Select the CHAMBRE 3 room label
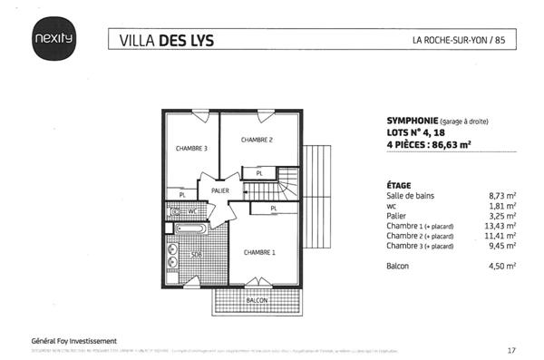(x=191, y=149)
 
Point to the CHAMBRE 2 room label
(x=257, y=140)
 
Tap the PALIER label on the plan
(x=220, y=191)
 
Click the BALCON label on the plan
(x=258, y=299)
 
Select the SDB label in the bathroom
(x=195, y=256)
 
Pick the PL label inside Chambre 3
(x=182, y=194)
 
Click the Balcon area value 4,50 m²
(x=501, y=266)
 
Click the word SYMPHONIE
(x=405, y=120)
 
